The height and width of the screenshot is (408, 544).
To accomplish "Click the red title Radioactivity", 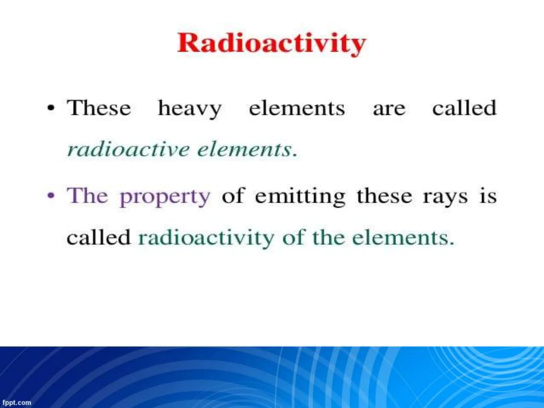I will (271, 44).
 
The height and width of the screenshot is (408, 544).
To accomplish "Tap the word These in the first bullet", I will (99, 108).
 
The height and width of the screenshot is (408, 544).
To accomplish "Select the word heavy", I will (190, 109).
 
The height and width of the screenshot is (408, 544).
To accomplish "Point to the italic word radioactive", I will (128, 150).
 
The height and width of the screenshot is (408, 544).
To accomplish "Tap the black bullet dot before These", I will (51, 109).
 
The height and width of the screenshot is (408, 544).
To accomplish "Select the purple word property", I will (165, 197).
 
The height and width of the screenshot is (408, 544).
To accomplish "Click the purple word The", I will (88, 196).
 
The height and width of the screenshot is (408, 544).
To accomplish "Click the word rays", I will (445, 197).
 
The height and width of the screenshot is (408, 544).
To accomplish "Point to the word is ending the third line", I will (488, 196).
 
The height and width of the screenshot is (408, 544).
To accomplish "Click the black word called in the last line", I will (99, 237).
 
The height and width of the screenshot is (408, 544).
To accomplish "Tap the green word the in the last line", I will (328, 237).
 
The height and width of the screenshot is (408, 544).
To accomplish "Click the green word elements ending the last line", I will (403, 237).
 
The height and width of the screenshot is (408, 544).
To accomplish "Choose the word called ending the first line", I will (464, 108).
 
